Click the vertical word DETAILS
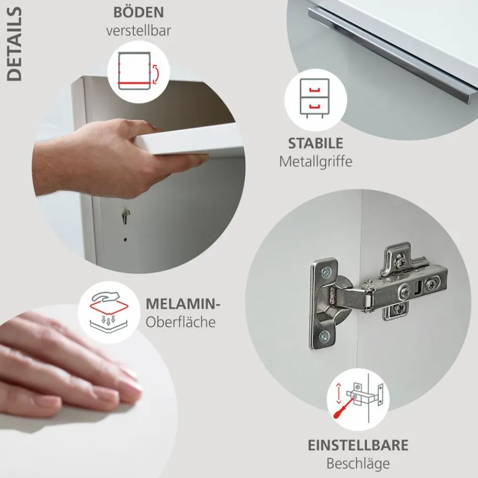[15, 44]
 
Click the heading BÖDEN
[138, 12]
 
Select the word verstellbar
[138, 30]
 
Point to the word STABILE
[316, 144]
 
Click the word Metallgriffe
[316, 162]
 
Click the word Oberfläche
[181, 321]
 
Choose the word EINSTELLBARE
[358, 445]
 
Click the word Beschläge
[358, 463]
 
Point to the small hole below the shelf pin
[125, 240]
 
